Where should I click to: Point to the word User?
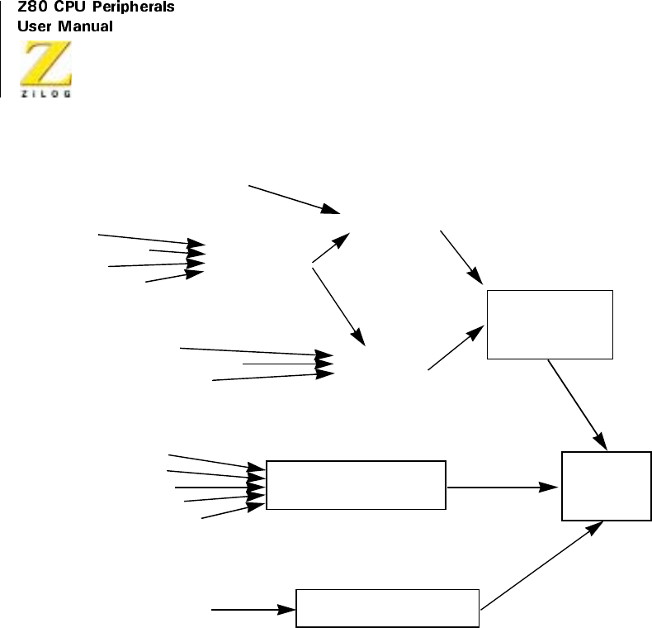(x=34, y=26)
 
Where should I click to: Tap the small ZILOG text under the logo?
(x=46, y=93)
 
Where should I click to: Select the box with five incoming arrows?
(x=356, y=485)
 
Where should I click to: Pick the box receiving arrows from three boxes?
(x=607, y=485)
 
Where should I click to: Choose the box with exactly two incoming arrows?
(x=550, y=324)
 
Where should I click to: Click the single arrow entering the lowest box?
(x=254, y=610)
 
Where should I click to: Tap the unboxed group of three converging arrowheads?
(x=327, y=364)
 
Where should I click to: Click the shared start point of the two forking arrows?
(x=312, y=264)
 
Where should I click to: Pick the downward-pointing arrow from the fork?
(x=338, y=303)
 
